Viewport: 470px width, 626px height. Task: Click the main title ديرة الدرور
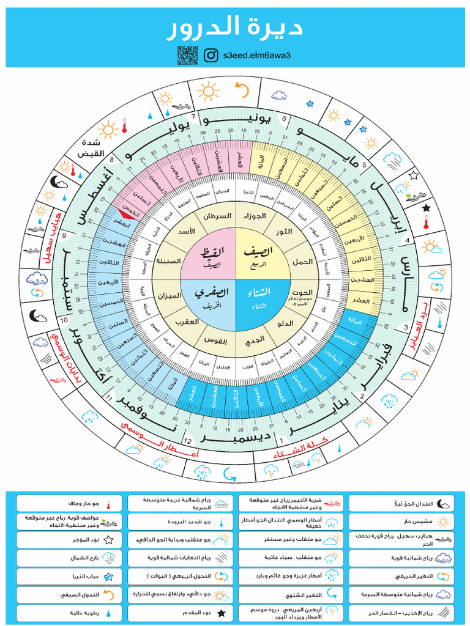pos(235,28)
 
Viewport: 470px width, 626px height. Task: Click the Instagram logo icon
pos(212,55)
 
